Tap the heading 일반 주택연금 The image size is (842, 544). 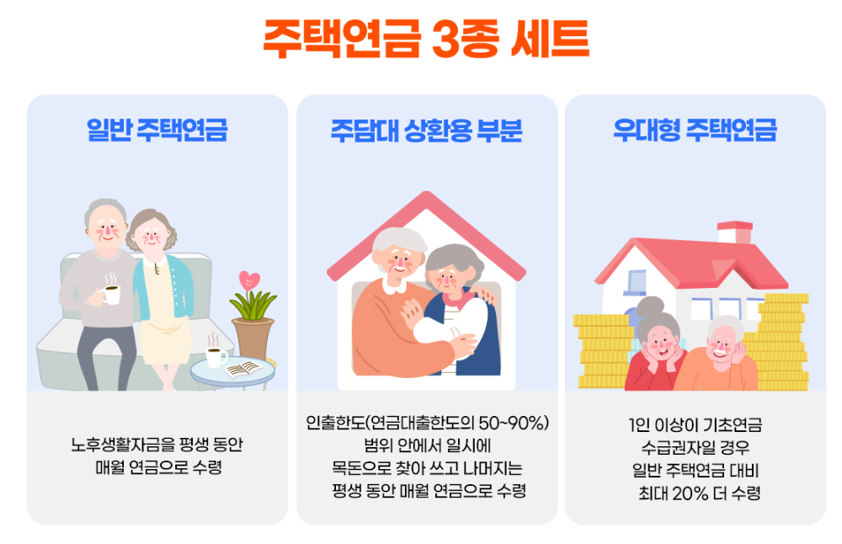[x=157, y=131]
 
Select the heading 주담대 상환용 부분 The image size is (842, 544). [x=427, y=131]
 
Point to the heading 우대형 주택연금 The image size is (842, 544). [x=695, y=131]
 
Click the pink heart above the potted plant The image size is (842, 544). [x=250, y=279]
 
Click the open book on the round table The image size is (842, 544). [x=245, y=367]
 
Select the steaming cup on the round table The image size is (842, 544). [x=216, y=357]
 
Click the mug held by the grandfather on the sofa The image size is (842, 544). [x=110, y=294]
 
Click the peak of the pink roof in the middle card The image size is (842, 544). [x=425, y=200]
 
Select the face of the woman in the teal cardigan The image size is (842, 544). [x=155, y=237]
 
